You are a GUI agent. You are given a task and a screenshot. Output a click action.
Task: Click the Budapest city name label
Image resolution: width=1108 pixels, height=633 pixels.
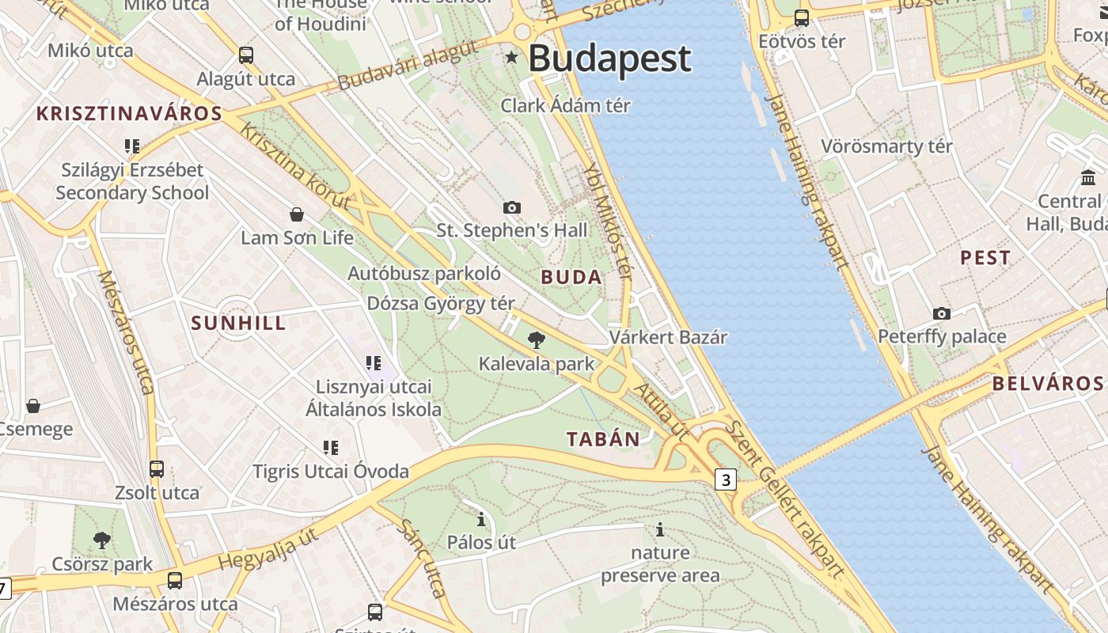pyautogui.click(x=609, y=59)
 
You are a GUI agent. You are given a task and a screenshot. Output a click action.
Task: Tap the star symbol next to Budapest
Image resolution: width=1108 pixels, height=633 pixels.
pyautogui.click(x=512, y=57)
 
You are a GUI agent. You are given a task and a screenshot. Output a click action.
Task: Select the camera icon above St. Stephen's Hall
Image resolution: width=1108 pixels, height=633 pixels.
pyautogui.click(x=512, y=207)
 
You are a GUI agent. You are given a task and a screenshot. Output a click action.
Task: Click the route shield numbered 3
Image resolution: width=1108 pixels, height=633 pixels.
pyautogui.click(x=726, y=479)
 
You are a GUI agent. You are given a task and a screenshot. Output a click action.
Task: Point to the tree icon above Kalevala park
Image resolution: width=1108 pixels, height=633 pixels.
pyautogui.click(x=537, y=341)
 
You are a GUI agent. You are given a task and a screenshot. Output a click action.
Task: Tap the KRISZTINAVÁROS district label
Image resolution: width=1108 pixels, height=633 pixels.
pyautogui.click(x=129, y=113)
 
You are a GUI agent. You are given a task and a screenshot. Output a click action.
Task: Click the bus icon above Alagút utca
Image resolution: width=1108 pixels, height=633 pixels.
pyautogui.click(x=246, y=55)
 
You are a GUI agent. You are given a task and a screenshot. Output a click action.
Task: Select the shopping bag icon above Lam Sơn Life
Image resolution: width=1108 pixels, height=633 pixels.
pyautogui.click(x=297, y=214)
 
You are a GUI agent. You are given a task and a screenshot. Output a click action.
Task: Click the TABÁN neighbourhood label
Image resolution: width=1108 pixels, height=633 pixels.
pyautogui.click(x=603, y=440)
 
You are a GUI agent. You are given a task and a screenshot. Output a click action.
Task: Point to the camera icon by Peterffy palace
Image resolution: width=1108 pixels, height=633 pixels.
pyautogui.click(x=941, y=313)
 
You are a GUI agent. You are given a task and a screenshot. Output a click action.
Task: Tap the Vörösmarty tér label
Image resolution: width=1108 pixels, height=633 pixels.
pyautogui.click(x=886, y=146)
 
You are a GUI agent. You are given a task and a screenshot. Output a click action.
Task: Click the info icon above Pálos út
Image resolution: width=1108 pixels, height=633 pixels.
pyautogui.click(x=481, y=520)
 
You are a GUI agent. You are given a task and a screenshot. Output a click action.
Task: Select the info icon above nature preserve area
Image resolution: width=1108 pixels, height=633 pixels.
pyautogui.click(x=660, y=529)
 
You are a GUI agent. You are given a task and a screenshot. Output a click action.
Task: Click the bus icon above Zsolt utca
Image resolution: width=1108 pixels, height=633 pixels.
pyautogui.click(x=157, y=469)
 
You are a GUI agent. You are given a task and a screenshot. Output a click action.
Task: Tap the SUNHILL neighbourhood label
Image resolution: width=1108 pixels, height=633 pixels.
pyautogui.click(x=238, y=323)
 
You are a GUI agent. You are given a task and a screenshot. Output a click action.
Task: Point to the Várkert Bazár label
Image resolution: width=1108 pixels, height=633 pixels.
pyautogui.click(x=668, y=337)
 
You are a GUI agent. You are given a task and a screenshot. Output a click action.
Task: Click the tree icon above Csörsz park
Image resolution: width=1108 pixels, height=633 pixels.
pyautogui.click(x=101, y=540)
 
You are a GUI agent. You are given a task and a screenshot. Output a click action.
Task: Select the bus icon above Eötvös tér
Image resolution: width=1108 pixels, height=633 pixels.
pyautogui.click(x=802, y=17)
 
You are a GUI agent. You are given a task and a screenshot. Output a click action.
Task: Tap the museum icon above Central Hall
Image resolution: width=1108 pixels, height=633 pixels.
pyautogui.click(x=1088, y=178)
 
